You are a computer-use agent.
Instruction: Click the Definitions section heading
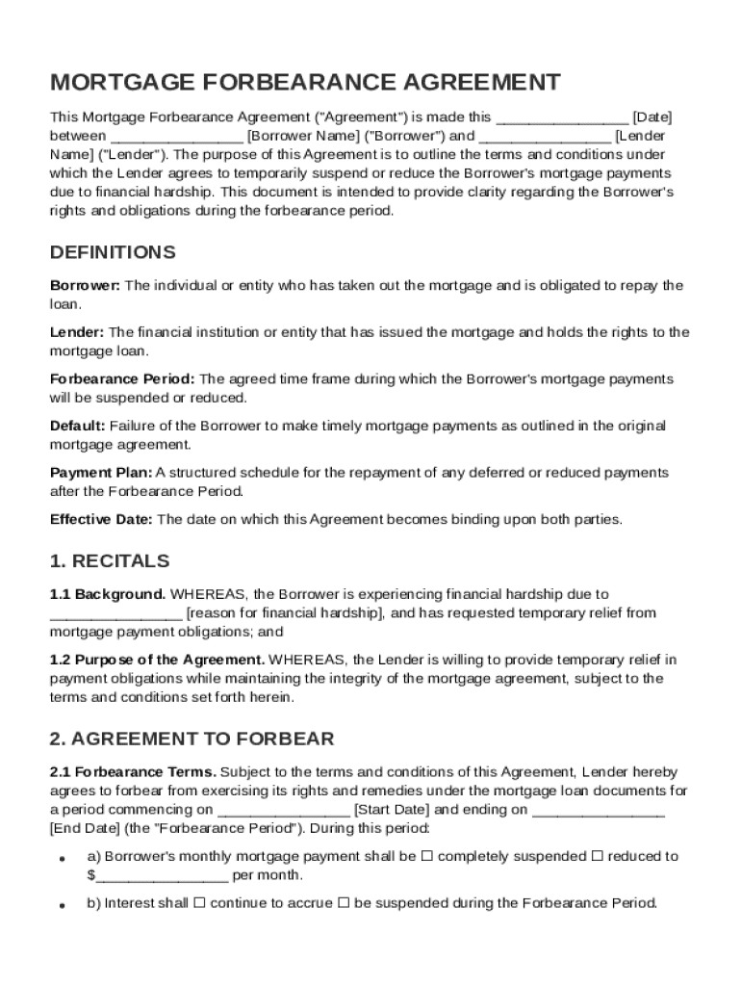(113, 252)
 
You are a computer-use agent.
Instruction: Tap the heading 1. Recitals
(109, 560)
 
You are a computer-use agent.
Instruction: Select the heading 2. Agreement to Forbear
(192, 739)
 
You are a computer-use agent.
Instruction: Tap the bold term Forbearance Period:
(122, 379)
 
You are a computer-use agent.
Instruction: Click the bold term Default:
(77, 426)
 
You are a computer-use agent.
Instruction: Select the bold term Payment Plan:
(101, 473)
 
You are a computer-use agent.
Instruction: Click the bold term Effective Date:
(101, 519)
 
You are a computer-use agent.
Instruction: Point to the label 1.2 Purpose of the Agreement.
(158, 660)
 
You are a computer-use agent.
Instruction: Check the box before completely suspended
(426, 856)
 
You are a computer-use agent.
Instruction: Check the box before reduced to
(596, 856)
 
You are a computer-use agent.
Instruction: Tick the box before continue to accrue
(199, 903)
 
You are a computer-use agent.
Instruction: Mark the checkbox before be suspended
(344, 903)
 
